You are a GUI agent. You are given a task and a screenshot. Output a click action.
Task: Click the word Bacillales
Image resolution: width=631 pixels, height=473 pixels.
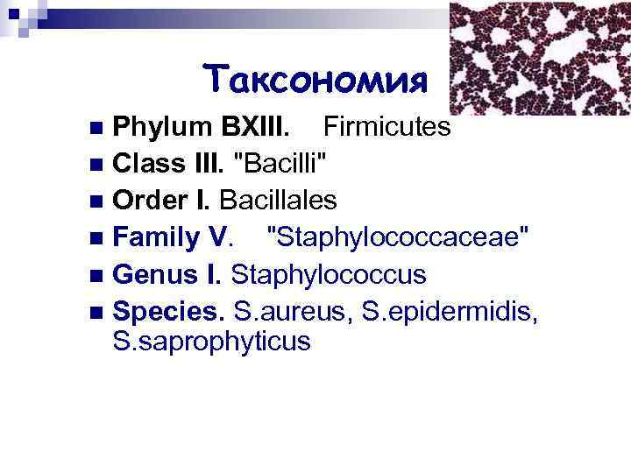[279, 201]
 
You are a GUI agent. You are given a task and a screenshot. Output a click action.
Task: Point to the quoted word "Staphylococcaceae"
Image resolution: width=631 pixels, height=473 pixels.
[390, 238]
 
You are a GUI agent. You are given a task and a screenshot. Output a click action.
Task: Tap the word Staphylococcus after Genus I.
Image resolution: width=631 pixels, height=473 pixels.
[329, 275]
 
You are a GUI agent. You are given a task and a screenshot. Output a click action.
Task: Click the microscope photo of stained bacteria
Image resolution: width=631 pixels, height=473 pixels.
[539, 58]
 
